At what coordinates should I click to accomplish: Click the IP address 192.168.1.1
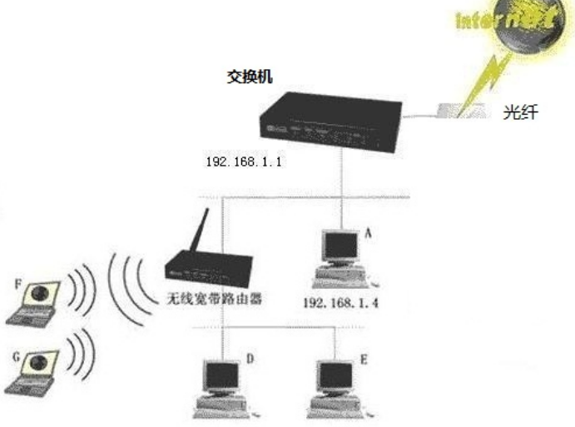coord(244,161)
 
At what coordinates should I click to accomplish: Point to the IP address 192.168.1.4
coord(341,303)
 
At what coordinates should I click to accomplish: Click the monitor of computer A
coord(341,246)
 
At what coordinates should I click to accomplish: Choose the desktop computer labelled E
coord(336,387)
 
